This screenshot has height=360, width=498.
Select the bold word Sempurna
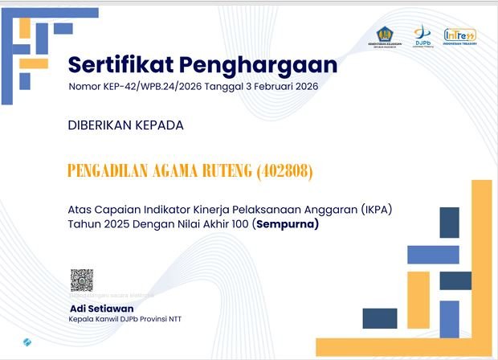pos(287,225)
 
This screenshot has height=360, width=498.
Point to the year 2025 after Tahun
pos(115,225)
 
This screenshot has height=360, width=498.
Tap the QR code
pos(82,280)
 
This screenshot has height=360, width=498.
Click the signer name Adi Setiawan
pos(101,309)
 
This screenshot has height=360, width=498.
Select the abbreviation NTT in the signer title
pos(173,319)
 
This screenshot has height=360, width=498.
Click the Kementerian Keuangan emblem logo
pos(383,36)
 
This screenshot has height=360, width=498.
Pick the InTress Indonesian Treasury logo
pos(460,36)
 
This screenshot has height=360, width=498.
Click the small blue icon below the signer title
pos(28,342)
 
